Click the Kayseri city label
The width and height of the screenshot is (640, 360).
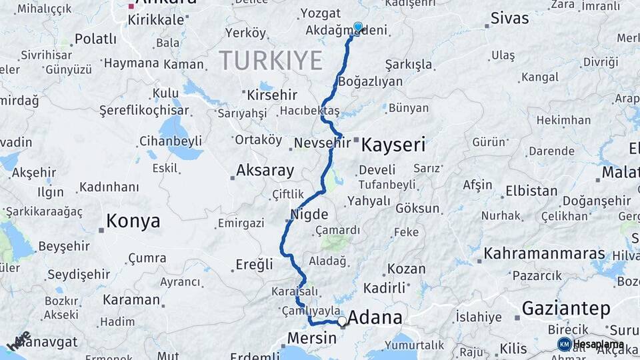(393, 145)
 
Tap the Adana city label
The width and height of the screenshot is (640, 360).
(375, 317)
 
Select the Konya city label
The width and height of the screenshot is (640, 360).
(133, 221)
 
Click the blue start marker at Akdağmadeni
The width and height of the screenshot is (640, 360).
(358, 27)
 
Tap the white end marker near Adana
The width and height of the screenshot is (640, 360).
(343, 321)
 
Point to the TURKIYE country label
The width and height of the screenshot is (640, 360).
(270, 61)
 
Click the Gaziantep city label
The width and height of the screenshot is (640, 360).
(566, 309)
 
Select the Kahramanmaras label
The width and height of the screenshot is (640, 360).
(545, 254)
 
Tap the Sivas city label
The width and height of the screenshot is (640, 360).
(509, 18)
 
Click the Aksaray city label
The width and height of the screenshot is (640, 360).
(265, 171)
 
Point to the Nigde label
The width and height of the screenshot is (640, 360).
(309, 215)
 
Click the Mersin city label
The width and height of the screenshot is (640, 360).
(311, 338)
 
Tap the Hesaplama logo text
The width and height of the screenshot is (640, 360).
(599, 345)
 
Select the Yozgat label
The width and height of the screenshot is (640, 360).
(321, 13)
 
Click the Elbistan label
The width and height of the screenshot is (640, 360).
(531, 191)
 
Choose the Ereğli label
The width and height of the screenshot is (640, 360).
(254, 265)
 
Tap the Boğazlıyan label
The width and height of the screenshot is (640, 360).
(371, 82)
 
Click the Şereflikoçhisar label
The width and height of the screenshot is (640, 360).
(144, 111)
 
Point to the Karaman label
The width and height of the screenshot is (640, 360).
(131, 300)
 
